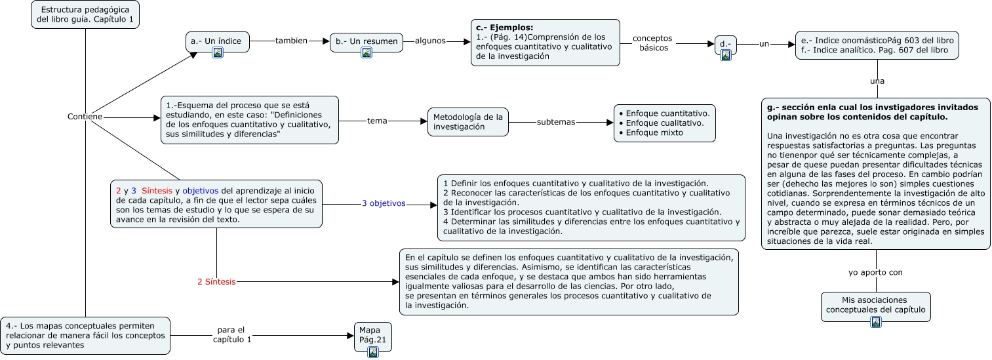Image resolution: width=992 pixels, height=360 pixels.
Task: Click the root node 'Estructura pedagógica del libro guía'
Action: (86, 15)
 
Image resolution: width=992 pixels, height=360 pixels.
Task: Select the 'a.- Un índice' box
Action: (217, 41)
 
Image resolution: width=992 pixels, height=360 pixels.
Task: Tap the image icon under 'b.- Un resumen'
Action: (367, 52)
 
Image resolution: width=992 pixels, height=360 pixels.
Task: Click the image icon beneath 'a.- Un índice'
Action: (218, 52)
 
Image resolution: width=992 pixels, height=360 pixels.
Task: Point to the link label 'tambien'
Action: (290, 41)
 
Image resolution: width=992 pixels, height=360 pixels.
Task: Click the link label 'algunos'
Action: (430, 41)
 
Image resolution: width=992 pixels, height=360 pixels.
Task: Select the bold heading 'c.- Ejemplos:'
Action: (504, 28)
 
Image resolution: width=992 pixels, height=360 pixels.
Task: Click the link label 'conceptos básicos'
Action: (652, 43)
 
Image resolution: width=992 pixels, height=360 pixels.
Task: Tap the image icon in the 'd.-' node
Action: (726, 55)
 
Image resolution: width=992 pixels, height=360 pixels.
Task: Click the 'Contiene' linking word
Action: (85, 117)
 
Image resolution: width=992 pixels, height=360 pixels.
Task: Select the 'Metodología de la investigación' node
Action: (468, 122)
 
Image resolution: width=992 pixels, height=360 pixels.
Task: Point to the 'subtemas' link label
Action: (555, 122)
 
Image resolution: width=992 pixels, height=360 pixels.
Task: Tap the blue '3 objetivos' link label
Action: (384, 203)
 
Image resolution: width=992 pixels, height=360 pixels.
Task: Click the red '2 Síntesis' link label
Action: (216, 282)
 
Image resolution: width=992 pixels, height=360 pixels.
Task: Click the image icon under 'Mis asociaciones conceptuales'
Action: (876, 321)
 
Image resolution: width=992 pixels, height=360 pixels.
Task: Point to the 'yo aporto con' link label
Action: (875, 272)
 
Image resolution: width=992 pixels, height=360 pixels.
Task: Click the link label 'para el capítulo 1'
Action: (232, 334)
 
